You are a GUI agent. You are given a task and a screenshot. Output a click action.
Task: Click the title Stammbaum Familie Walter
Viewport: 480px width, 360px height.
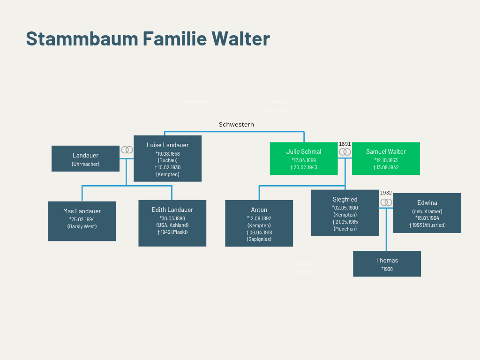148,38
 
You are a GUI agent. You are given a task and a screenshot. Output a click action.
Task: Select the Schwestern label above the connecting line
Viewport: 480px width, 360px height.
236,124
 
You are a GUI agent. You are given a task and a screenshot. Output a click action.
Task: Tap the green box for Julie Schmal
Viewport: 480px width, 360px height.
304,158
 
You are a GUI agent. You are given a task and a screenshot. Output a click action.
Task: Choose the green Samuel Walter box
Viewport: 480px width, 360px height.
386,158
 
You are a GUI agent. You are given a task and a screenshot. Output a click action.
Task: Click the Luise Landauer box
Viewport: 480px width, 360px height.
167,158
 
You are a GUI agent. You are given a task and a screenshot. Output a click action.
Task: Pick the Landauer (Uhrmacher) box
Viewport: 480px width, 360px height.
85,158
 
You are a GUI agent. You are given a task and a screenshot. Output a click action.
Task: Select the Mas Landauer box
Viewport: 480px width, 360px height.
82,221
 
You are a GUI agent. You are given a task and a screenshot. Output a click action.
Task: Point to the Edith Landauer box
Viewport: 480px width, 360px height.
172,223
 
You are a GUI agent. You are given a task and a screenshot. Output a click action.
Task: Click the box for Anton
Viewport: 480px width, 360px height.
259,223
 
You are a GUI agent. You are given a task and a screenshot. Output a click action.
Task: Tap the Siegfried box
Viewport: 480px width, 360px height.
345,212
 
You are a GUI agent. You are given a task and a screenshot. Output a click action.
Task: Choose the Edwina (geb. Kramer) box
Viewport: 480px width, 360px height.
427,213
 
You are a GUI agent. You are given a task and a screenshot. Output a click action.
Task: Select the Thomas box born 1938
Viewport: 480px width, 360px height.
387,263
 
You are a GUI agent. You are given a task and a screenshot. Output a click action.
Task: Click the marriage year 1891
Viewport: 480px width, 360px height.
345,144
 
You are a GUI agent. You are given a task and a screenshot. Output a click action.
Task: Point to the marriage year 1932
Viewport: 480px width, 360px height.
386,193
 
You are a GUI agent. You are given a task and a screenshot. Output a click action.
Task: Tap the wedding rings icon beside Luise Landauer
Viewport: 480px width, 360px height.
127,150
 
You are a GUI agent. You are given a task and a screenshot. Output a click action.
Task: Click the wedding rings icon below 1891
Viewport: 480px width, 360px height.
345,152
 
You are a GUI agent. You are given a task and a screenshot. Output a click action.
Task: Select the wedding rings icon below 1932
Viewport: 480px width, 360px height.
386,202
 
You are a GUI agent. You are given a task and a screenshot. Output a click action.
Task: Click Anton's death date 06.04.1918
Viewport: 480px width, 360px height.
260,232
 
